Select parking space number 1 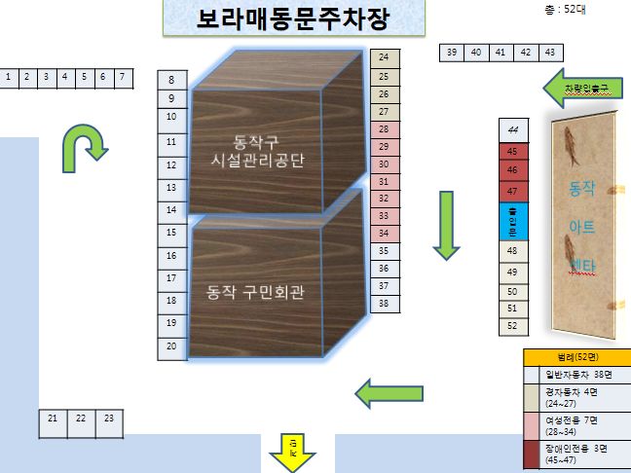(9, 77)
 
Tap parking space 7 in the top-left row (122, 77)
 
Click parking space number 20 (171, 346)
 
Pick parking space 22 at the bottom (81, 418)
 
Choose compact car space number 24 (384, 57)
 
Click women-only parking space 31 (384, 181)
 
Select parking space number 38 (384, 303)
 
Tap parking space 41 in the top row (500, 53)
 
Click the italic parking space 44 (512, 130)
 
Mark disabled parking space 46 (512, 170)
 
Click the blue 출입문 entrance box (512, 222)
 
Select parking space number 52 (512, 326)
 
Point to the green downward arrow (445, 225)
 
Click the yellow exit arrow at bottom (291, 451)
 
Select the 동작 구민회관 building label (256, 290)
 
